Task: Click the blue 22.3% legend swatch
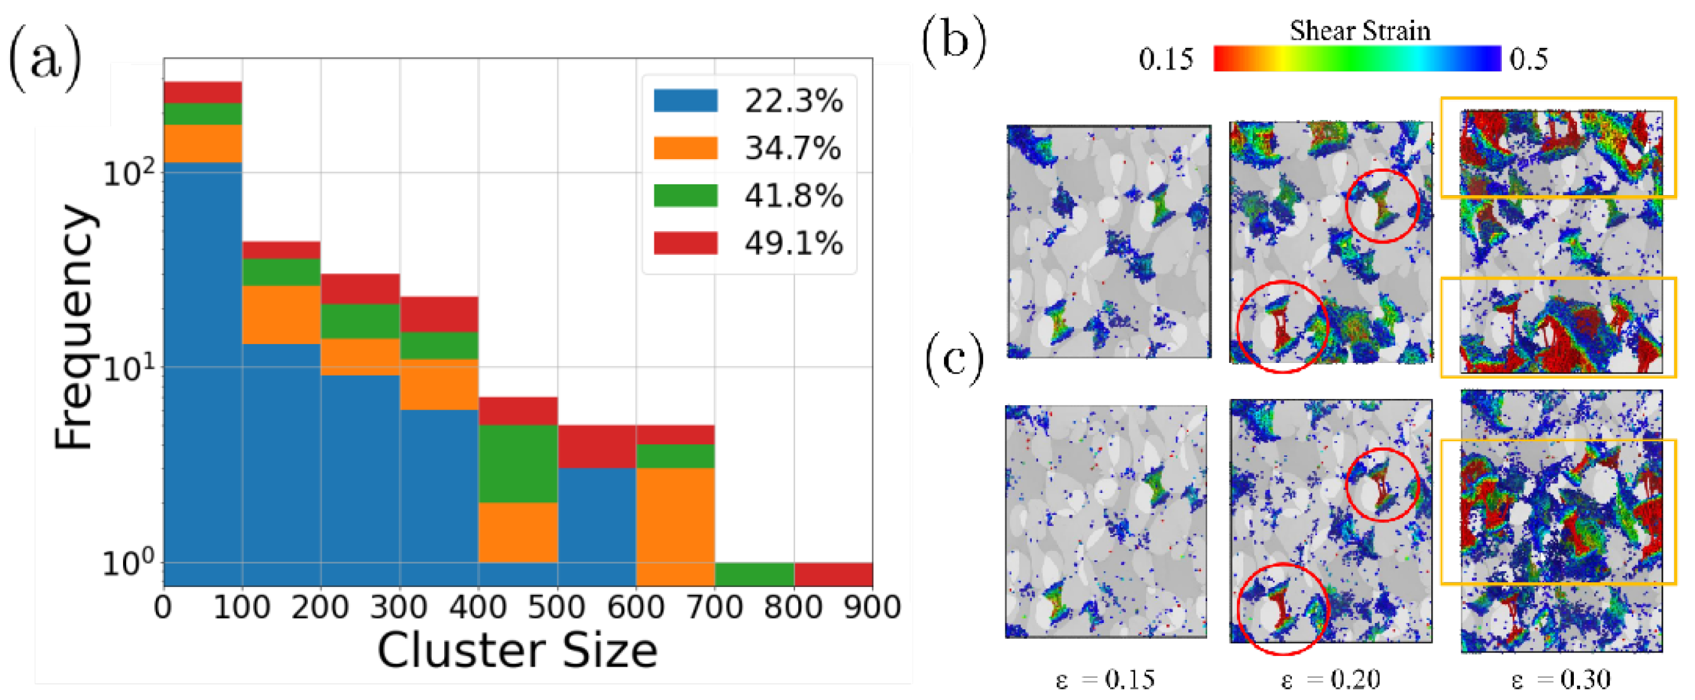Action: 685,100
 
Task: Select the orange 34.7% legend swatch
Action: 685,148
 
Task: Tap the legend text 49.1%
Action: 793,244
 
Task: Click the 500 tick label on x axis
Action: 557,607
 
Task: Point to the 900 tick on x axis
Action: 872,607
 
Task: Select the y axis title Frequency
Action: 74,327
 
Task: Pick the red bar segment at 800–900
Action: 833,574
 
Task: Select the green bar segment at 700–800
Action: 754,574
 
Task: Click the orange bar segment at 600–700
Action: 675,526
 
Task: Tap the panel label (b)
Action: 954,41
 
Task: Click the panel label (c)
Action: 954,359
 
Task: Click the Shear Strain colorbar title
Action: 1360,30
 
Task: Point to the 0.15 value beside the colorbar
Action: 1166,59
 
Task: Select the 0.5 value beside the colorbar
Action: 1528,59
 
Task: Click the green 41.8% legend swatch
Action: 685,196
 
